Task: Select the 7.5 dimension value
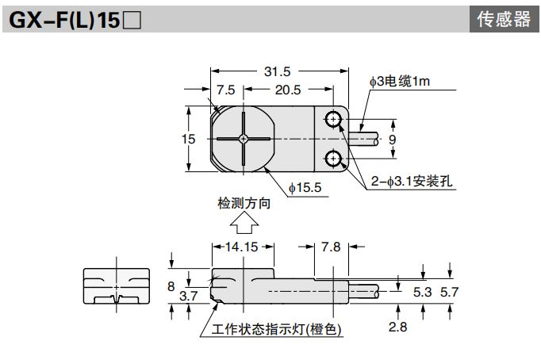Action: coord(226,90)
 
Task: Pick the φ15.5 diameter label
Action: coord(305,188)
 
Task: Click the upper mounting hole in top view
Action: coord(332,120)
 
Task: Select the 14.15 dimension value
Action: coord(242,247)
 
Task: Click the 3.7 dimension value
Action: coord(189,296)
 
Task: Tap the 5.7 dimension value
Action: coord(449,293)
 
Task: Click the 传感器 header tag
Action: coord(505,20)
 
